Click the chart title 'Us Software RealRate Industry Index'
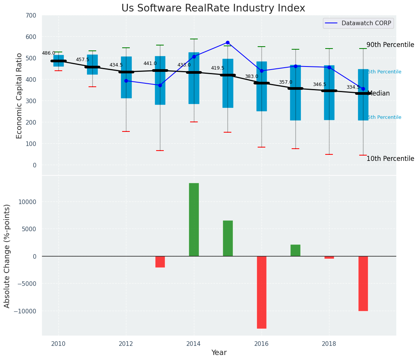point(213,8)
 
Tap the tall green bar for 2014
point(194,219)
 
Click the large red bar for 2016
point(261,292)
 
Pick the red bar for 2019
point(363,283)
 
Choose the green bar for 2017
point(295,250)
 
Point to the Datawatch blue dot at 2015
point(228,42)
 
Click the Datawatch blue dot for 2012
point(126,81)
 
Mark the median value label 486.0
point(48,54)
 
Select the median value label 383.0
point(252,77)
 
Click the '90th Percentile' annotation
point(390,45)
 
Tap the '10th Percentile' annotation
point(390,159)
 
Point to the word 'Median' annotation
point(378,93)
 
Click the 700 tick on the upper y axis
point(31,16)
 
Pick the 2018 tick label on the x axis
point(329,344)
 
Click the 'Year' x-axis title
point(219,353)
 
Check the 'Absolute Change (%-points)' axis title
point(7,256)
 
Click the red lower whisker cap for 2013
point(160,151)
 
